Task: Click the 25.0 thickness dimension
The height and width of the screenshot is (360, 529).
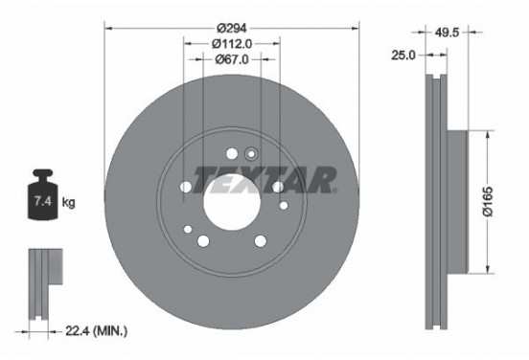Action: click(x=403, y=56)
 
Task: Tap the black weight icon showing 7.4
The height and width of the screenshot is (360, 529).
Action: click(x=43, y=202)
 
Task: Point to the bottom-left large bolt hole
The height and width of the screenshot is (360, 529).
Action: click(x=202, y=239)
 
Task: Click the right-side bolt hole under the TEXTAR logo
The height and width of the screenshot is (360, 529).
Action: click(x=277, y=188)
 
